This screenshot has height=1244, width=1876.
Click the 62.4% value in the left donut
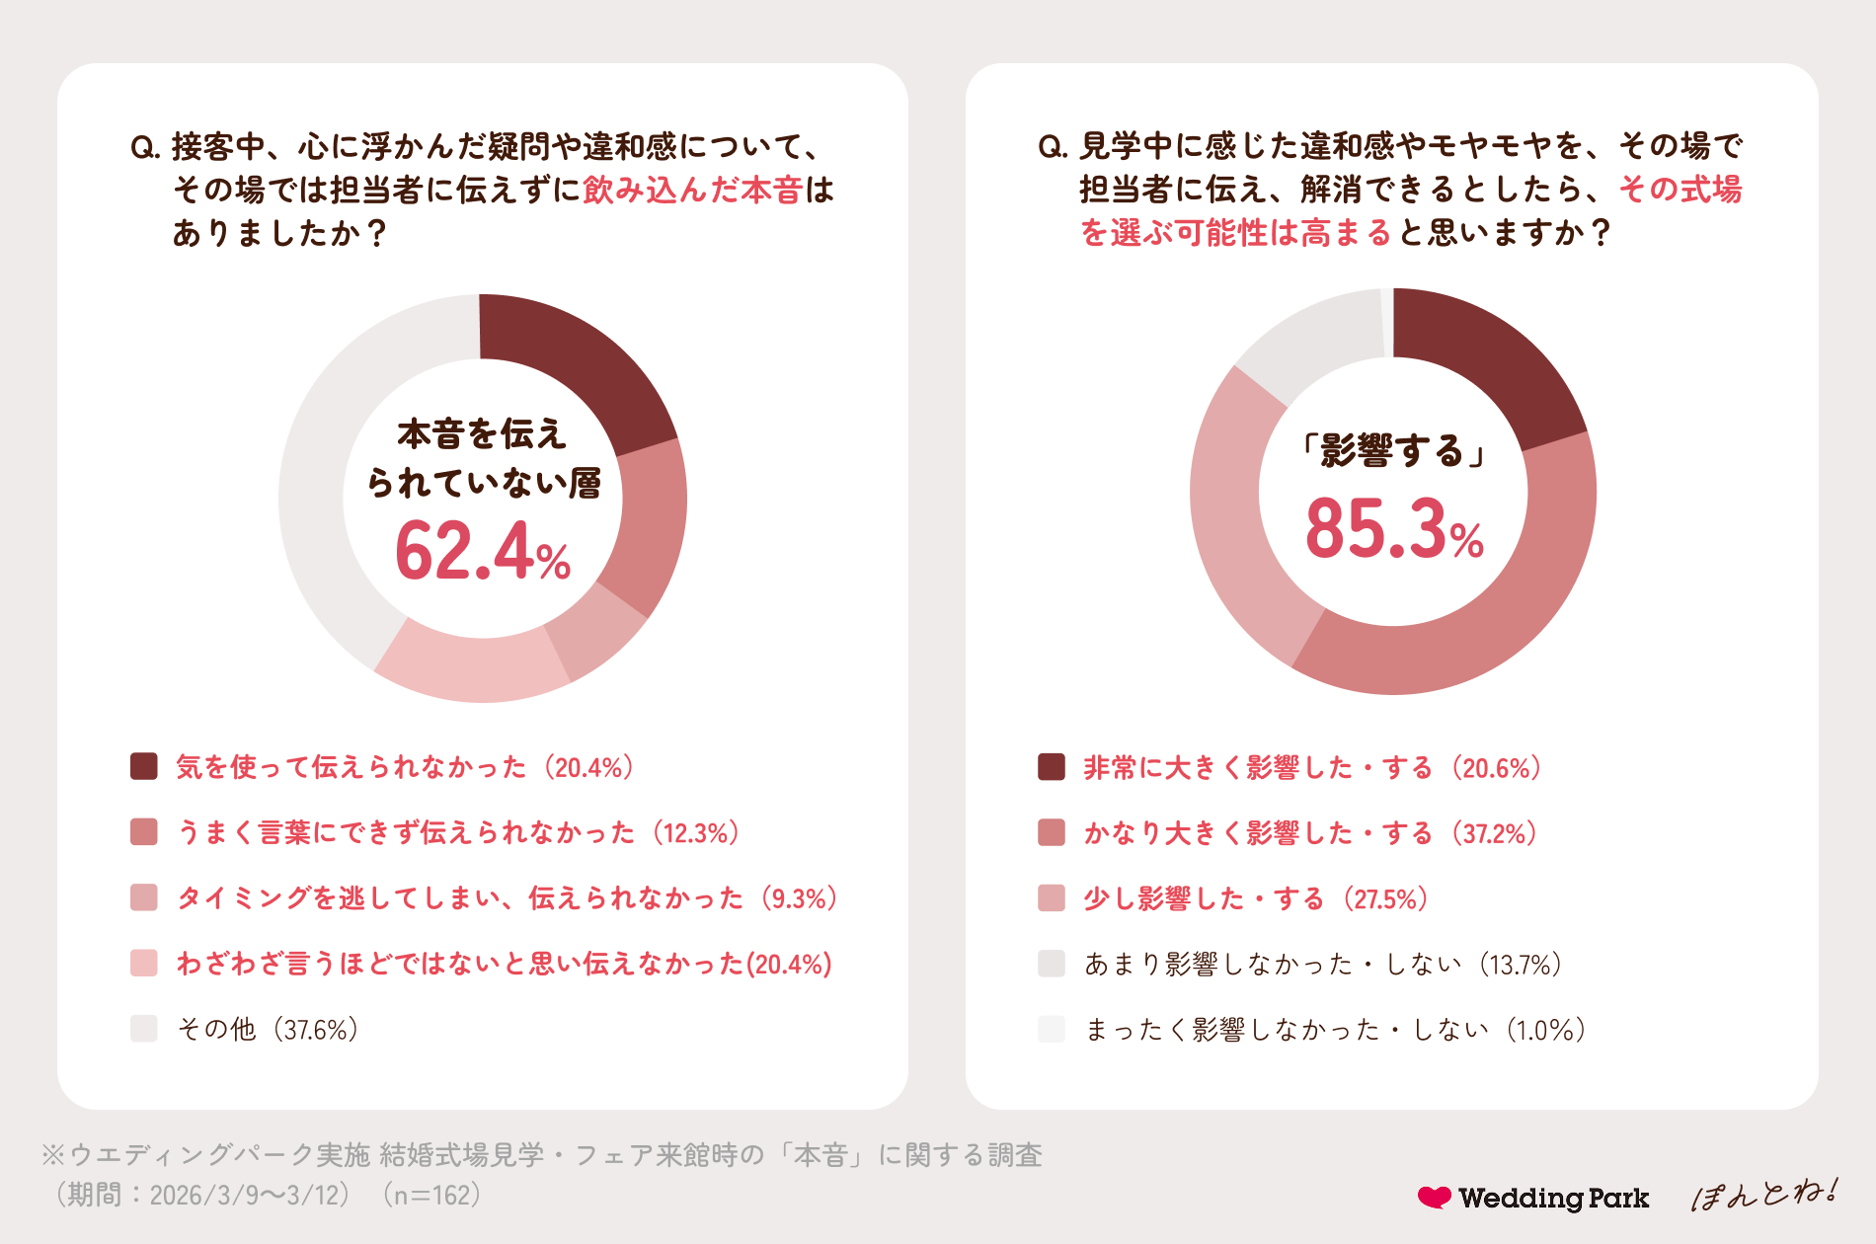coord(483,551)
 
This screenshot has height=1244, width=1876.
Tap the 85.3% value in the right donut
coord(1394,528)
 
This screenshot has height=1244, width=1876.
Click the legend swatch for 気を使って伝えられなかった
coord(144,766)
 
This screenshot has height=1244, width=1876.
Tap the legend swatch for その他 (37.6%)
coord(144,1029)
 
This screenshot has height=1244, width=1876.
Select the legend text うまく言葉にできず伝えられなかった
coord(405,832)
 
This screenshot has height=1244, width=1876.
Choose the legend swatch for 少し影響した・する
coord(1052,898)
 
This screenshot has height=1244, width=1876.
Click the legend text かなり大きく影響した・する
coord(1257,833)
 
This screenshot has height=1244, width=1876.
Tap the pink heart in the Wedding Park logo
coord(1435,1197)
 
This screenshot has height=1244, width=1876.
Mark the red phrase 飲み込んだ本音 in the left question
coord(692,190)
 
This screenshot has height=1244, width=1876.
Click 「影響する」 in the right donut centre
coord(1393,450)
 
